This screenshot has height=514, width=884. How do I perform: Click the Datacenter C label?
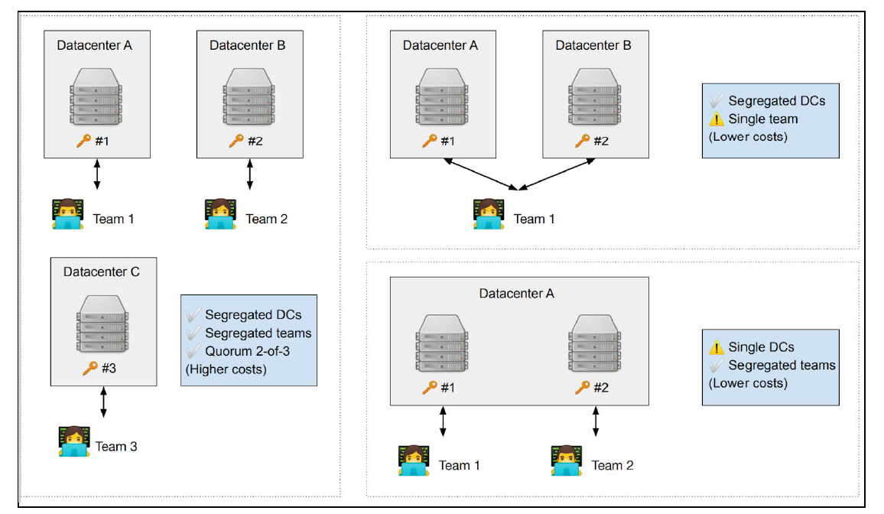[x=102, y=272]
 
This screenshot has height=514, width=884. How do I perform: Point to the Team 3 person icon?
[x=74, y=442]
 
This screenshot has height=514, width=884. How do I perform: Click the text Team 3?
[x=116, y=446]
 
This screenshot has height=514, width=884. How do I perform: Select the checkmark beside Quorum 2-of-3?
[x=193, y=351]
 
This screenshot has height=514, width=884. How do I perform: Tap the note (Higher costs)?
[x=226, y=369]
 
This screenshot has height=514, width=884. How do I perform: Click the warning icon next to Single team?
[x=717, y=119]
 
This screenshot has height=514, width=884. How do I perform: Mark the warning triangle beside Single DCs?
[x=717, y=346]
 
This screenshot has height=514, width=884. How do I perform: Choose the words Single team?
[x=763, y=119]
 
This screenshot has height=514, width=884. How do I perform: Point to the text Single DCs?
[x=761, y=346]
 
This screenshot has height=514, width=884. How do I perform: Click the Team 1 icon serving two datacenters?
[x=489, y=214]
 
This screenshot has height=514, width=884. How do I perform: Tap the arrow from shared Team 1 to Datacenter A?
[x=482, y=174]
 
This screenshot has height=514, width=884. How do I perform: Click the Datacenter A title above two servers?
[x=517, y=293]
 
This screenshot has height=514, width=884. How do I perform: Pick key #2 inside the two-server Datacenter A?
[x=583, y=387]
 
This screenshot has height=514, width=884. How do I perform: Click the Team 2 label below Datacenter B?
[x=267, y=219]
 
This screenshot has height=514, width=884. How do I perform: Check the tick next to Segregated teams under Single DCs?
[x=717, y=365]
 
